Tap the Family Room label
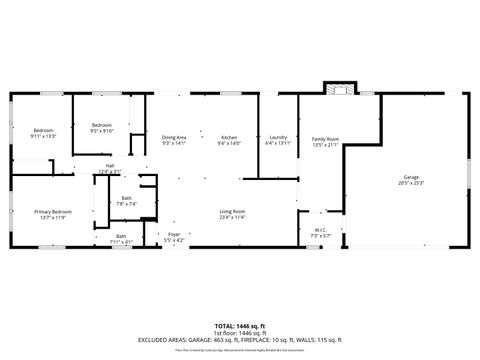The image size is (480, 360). pyautogui.click(x=325, y=139)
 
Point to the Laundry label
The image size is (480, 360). pyautogui.click(x=278, y=137)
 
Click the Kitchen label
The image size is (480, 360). pyautogui.click(x=229, y=137)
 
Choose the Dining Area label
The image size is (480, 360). pyautogui.click(x=174, y=137)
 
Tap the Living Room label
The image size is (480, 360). pyautogui.click(x=233, y=210)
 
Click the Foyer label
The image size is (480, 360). pyautogui.click(x=174, y=234)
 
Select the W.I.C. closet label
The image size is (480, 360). pyautogui.click(x=321, y=231)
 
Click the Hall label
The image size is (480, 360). pyautogui.click(x=110, y=166)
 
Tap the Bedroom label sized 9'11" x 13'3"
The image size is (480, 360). pyautogui.click(x=43, y=130)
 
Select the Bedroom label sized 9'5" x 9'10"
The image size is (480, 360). pyautogui.click(x=102, y=125)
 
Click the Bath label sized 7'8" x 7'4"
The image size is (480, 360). pyautogui.click(x=126, y=198)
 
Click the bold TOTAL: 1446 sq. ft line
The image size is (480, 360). pyautogui.click(x=240, y=326)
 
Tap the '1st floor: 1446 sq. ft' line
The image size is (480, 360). pyautogui.click(x=240, y=333)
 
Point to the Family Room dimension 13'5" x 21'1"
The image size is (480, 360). pyautogui.click(x=325, y=144)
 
